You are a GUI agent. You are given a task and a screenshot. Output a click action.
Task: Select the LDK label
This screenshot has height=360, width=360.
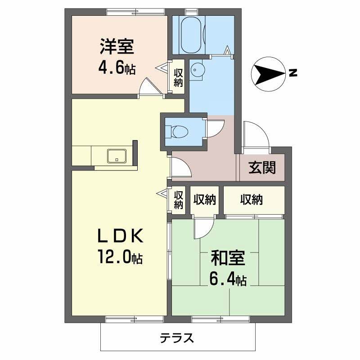tap(120, 235)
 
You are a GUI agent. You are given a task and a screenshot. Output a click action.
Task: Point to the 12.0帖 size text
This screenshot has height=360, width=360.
tap(120, 257)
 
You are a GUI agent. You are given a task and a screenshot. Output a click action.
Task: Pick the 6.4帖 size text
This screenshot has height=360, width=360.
tap(228, 280)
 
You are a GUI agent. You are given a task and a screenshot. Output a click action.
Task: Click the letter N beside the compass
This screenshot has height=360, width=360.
tap(293, 73)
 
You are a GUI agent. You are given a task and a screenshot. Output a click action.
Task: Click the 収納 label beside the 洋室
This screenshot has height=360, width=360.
tap(179, 77)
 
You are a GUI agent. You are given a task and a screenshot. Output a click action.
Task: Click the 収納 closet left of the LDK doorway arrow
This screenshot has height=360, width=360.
tap(179, 199)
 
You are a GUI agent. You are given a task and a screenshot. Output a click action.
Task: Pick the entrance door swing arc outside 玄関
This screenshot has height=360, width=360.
tap(255, 135)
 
